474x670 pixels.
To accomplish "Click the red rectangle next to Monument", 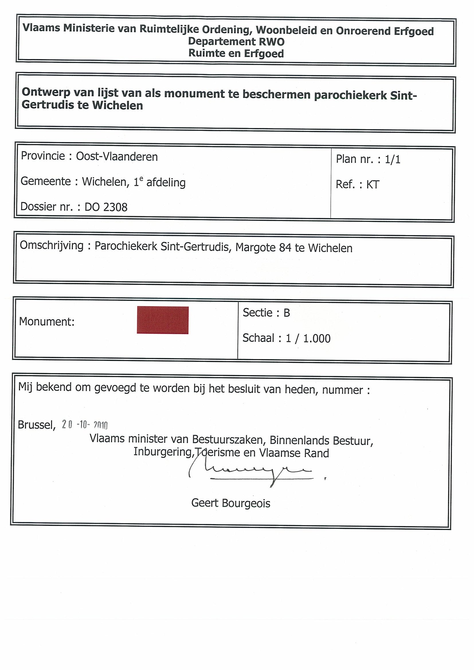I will (163, 320).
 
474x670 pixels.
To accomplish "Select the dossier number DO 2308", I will (106, 207).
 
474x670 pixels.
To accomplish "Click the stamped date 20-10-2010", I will (85, 425).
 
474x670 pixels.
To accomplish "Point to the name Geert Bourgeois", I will (231, 503).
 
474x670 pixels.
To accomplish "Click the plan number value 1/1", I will (393, 159).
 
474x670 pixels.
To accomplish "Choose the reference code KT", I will (373, 185).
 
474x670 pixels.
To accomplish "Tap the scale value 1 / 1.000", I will (308, 338).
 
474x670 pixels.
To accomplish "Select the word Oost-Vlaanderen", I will (117, 157).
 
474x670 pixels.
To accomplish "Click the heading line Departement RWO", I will (236, 42).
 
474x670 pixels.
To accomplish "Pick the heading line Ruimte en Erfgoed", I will (236, 54).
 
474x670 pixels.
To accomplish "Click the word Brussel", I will (36, 425).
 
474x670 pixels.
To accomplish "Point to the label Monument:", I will (47, 322).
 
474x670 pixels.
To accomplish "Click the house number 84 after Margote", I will (285, 248).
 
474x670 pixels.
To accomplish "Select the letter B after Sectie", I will (287, 313).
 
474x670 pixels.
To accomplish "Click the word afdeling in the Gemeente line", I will (166, 183).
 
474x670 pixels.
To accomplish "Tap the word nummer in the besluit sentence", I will (342, 390).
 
